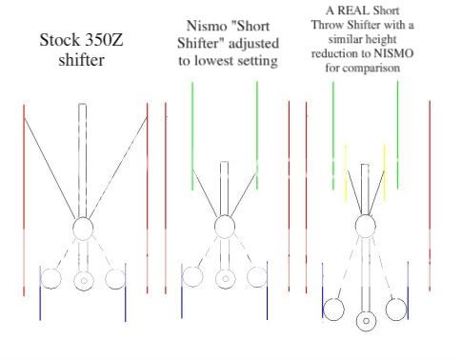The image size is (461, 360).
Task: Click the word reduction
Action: click(x=336, y=55)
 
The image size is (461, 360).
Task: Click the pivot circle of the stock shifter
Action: click(x=83, y=229)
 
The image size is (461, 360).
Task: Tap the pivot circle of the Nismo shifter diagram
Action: click(x=225, y=227)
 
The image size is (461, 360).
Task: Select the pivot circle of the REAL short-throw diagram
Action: click(x=366, y=226)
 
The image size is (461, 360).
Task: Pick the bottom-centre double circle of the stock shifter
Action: click(x=83, y=281)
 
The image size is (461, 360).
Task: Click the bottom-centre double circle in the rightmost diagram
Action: click(x=366, y=320)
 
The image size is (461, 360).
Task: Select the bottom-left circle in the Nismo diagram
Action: click(x=192, y=277)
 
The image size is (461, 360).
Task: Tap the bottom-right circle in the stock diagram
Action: click(x=115, y=278)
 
